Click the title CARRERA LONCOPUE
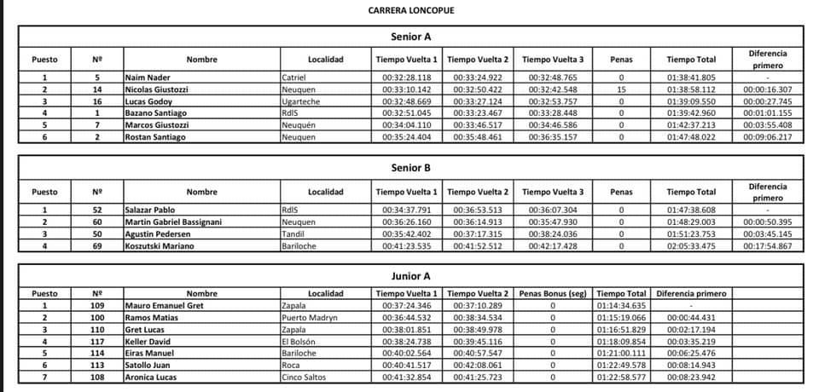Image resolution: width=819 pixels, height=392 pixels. click(x=411, y=11)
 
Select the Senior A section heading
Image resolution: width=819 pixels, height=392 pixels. click(x=411, y=37)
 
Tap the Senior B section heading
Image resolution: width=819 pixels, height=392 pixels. click(x=411, y=168)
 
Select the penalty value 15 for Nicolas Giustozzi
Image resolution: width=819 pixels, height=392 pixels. click(x=621, y=89)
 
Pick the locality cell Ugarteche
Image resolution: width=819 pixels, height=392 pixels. click(x=300, y=101)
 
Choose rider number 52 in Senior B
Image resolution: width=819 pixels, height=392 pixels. click(x=97, y=210)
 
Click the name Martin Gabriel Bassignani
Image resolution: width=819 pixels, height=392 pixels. click(x=173, y=222)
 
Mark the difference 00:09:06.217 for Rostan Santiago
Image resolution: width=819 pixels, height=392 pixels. click(x=767, y=136)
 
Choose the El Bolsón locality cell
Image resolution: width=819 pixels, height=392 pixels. click(x=300, y=341)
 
